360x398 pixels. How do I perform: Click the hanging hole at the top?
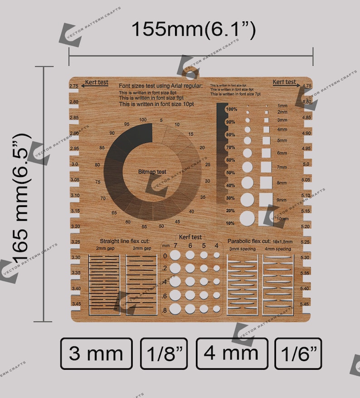pyautogui.click(x=191, y=74)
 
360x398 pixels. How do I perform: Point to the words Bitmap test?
pyautogui.click(x=152, y=172)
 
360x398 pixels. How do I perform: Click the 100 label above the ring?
pyautogui.click(x=143, y=119)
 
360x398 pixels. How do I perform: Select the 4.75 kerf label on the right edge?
pyautogui.click(x=306, y=86)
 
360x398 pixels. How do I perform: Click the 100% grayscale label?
pyautogui.click(x=231, y=110)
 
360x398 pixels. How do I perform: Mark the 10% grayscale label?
pyautogui.click(x=230, y=223)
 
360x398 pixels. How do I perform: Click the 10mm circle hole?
pyautogui.click(x=248, y=218)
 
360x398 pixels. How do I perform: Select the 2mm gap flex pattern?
pyautogui.click(x=104, y=285)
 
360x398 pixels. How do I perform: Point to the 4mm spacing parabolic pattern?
pyautogui.click(x=278, y=285)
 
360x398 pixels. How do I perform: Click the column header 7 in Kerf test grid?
pyautogui.click(x=175, y=246)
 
